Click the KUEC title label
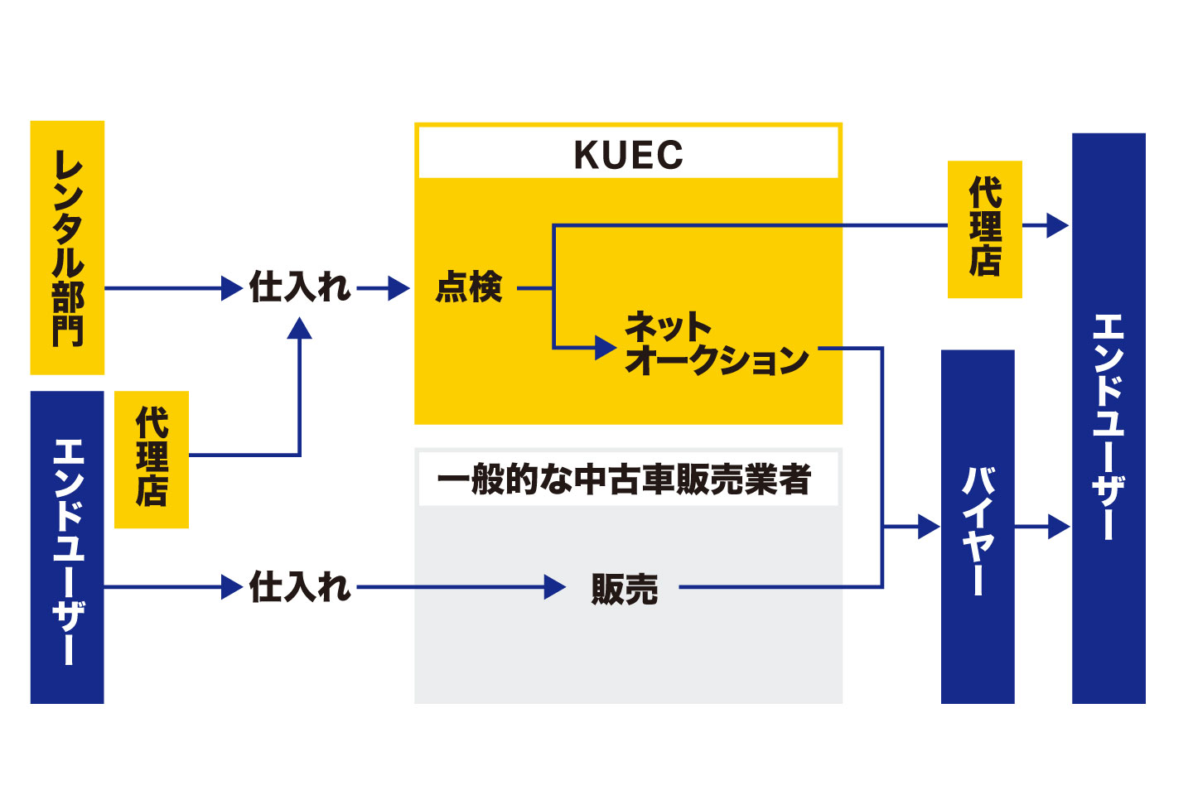[628, 155]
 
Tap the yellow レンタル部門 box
[67, 248]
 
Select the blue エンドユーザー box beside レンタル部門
[67, 547]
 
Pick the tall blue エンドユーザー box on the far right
[1108, 418]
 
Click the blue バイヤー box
[978, 527]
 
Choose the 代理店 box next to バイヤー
[984, 229]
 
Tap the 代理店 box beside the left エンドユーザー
[152, 459]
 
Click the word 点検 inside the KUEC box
[469, 288]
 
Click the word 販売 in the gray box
[624, 589]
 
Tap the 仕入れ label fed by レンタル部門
[300, 288]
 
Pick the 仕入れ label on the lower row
[300, 587]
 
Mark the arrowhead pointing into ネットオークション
[606, 348]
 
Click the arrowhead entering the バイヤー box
[929, 527]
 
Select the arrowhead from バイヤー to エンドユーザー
[1059, 527]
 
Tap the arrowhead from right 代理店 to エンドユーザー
[1058, 225]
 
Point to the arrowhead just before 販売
[555, 587]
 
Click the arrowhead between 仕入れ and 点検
[399, 288]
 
